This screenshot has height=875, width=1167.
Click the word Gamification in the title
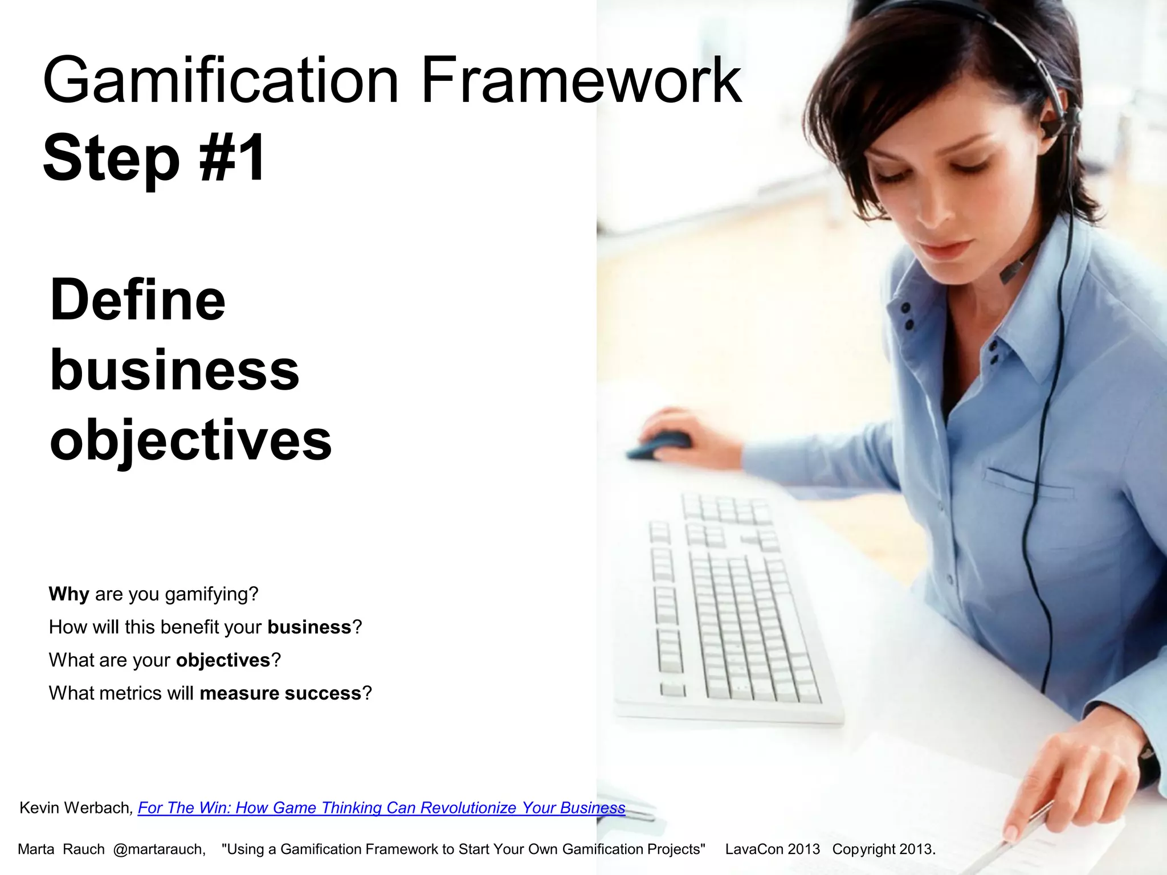tap(220, 81)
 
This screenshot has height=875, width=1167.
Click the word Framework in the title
tap(581, 81)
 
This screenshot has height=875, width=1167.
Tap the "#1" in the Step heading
tap(232, 157)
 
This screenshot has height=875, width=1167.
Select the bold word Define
tap(138, 300)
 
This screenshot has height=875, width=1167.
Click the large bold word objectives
tap(191, 440)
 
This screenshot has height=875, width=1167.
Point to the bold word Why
tap(69, 594)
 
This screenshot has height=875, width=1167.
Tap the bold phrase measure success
tap(280, 693)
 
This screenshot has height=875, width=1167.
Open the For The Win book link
tap(381, 808)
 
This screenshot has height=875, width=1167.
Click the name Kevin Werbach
tap(75, 808)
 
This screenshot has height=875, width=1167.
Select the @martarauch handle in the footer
tap(159, 849)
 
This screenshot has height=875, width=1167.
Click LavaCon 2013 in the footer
tap(772, 849)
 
